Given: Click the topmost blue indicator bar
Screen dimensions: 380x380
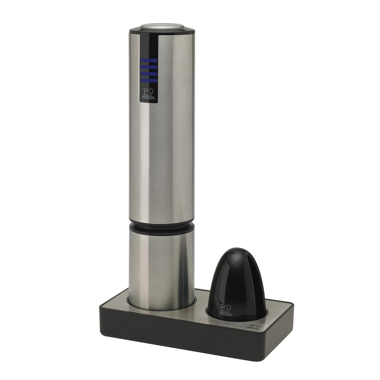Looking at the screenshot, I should (x=148, y=60).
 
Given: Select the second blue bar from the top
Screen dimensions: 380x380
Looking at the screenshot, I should (x=148, y=67).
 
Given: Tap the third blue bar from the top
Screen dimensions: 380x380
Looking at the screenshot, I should (x=148, y=73).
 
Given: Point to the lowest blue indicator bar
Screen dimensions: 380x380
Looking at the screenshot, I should (x=148, y=80).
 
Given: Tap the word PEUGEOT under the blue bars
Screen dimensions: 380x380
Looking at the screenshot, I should (x=148, y=99).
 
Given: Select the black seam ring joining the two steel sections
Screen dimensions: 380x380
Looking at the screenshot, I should (x=161, y=226).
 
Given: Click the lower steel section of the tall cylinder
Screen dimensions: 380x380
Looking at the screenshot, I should (x=161, y=267).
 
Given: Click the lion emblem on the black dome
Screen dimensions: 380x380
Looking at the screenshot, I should (x=226, y=309).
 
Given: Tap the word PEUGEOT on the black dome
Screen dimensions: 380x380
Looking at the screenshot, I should (x=226, y=315).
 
